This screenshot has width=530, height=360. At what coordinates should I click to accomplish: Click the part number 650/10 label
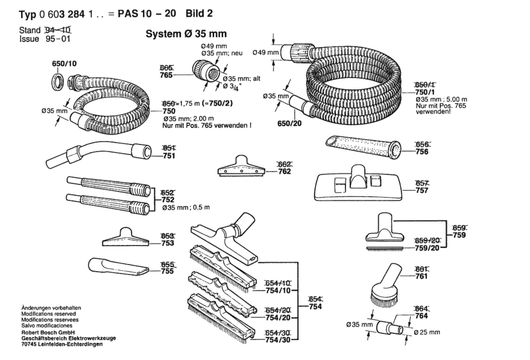(x=64, y=64)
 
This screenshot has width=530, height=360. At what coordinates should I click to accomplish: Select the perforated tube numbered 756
(x=363, y=147)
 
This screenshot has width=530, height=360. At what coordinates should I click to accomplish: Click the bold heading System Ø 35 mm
(x=186, y=34)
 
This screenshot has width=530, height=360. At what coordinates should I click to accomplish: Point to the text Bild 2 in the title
(x=199, y=13)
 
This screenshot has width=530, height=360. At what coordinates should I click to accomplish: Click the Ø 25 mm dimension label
(x=427, y=332)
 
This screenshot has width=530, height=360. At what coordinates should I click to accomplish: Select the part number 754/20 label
(x=278, y=318)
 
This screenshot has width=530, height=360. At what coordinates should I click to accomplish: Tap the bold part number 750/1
(x=425, y=92)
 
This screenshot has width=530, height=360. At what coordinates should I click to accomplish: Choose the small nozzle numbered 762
(x=241, y=166)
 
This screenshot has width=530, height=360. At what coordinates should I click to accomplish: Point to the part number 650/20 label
(x=289, y=123)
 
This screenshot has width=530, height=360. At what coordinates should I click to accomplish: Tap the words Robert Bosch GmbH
(x=48, y=332)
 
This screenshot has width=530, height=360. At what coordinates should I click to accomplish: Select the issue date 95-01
(x=58, y=39)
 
